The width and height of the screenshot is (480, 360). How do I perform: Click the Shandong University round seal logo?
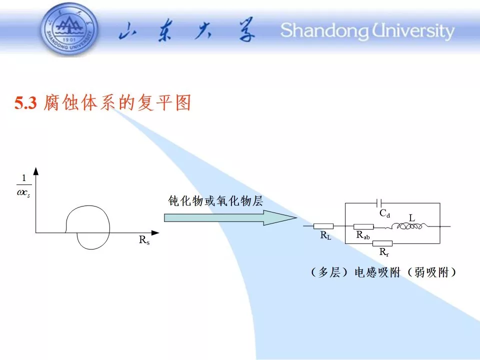70,29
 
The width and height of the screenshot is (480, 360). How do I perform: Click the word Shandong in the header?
325,31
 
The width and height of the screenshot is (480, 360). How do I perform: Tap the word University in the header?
413,31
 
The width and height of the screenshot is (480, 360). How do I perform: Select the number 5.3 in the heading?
25,103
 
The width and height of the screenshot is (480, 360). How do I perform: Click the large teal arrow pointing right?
230,217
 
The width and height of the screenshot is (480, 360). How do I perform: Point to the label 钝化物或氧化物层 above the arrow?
215,201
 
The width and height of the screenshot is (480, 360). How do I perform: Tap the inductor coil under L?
406,226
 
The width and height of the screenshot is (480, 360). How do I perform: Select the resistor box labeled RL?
323,226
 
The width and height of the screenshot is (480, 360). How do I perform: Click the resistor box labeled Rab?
363,226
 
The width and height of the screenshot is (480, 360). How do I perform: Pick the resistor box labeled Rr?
382,243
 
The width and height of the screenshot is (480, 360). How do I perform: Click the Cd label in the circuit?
385,213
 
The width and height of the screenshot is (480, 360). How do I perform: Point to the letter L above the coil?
412,217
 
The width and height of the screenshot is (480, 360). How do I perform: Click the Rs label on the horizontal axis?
144,239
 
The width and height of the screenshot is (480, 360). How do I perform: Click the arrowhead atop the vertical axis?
36,171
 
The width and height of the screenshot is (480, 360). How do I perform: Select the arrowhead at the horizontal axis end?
155,233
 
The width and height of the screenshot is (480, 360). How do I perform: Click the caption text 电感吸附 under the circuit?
377,272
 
